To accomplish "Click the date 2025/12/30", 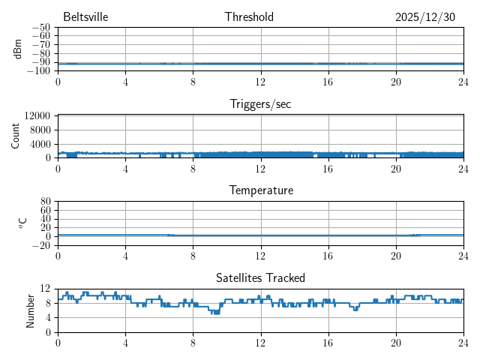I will (x=424, y=17).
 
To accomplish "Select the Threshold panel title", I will (x=249, y=17).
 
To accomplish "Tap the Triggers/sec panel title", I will (x=260, y=104).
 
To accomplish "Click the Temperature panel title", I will (x=260, y=191).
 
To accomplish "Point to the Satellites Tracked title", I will (x=260, y=278).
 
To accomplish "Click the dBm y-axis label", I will (x=17, y=49).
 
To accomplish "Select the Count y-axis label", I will (x=16, y=136).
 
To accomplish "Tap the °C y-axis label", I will (x=22, y=223).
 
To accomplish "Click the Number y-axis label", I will (x=30, y=310).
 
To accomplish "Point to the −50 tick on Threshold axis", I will (x=40, y=28).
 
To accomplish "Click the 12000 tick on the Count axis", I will (x=37, y=115).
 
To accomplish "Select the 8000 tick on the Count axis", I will (x=40, y=129).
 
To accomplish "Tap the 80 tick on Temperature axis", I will (x=46, y=202).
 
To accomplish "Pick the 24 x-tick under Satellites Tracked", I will (x=463, y=343).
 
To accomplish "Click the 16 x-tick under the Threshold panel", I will (x=328, y=82).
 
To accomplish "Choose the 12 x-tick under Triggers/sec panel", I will (x=260, y=169).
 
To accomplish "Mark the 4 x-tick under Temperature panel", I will (x=125, y=256).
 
